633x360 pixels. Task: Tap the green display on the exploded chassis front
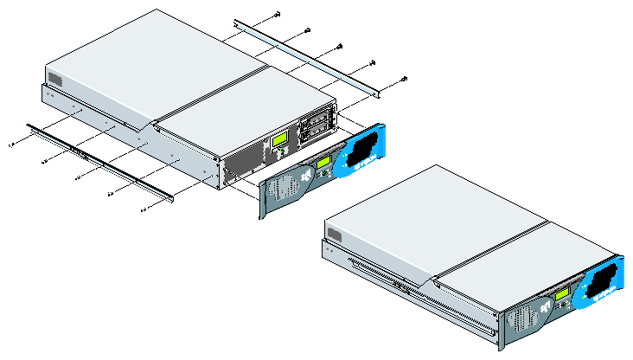(279, 141)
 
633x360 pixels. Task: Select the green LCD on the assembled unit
(562, 294)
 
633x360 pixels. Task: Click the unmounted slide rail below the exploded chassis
(99, 161)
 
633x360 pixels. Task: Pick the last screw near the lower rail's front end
(142, 209)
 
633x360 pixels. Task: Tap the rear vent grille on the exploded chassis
(55, 80)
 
